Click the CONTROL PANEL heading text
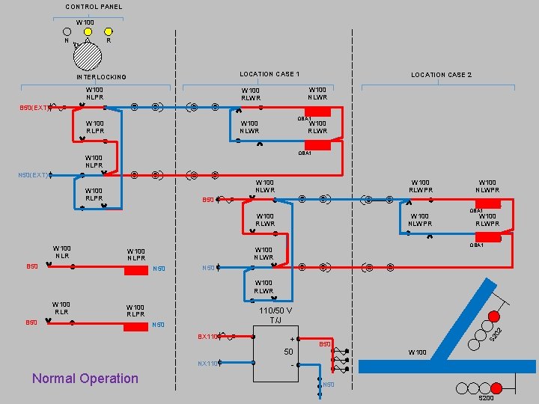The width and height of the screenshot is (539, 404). pos(94,7)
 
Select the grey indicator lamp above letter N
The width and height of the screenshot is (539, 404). pos(68,32)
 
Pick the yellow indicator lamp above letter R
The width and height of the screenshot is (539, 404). pos(109,32)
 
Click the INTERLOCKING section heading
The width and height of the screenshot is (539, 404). pos(101,77)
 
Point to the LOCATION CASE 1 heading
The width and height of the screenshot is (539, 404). pos(269,74)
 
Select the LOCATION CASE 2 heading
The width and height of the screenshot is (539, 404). pos(441,75)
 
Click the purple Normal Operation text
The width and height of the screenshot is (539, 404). pos(85,379)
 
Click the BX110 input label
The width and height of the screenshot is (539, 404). pos(207,337)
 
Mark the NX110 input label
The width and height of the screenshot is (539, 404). pos(207,364)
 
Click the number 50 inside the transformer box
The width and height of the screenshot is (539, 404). pos(287,352)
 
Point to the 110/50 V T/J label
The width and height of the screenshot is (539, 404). pos(275,316)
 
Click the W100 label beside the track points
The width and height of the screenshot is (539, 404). pos(417,352)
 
